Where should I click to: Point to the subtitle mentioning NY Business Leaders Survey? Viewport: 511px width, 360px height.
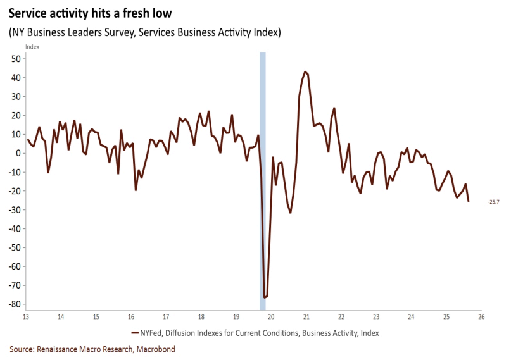[x=145, y=32]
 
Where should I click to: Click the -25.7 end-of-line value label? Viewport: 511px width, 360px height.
[x=494, y=202]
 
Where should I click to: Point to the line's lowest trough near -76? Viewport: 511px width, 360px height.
[x=265, y=297]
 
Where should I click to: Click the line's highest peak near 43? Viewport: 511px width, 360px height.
[x=305, y=72]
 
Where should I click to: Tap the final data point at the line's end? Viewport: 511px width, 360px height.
[x=469, y=201]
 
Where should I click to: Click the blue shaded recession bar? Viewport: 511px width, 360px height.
[x=263, y=177]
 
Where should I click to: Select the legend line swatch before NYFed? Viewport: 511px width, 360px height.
[x=135, y=333]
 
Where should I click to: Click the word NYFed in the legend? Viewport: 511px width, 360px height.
[x=151, y=333]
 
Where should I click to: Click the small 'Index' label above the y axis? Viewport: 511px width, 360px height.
[x=32, y=47]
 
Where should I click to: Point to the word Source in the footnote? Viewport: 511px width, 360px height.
[x=21, y=349]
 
